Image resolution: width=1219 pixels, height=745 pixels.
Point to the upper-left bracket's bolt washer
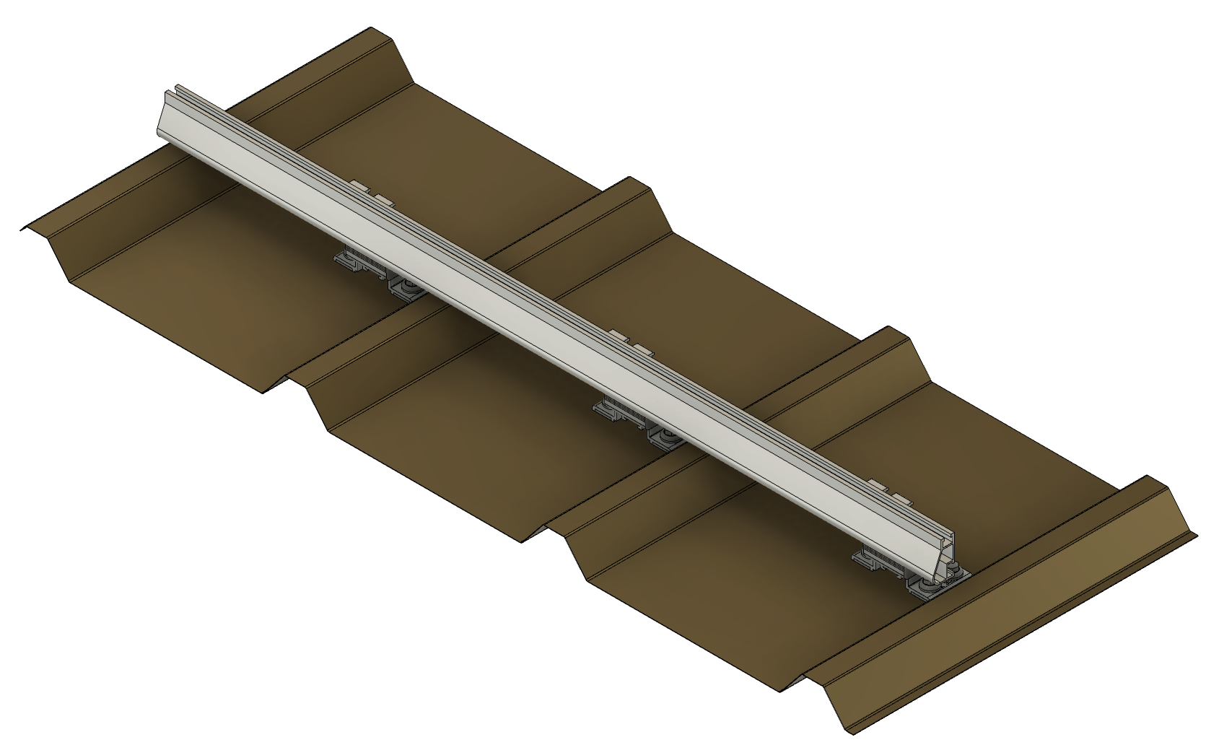click(x=406, y=288)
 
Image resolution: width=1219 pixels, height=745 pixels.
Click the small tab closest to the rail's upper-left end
click(x=358, y=186)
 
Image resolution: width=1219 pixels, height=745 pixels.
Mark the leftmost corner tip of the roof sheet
click(x=20, y=230)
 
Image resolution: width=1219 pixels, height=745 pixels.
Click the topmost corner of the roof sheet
click(x=371, y=30)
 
